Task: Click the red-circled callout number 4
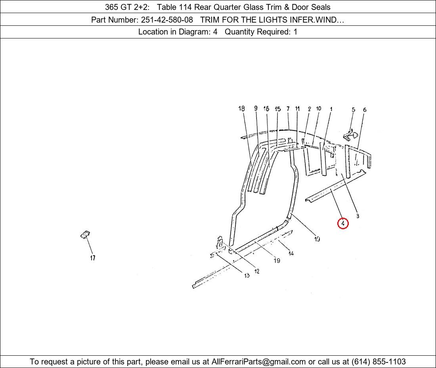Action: click(x=343, y=224)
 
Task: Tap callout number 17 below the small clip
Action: click(x=92, y=258)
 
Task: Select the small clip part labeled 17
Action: click(x=85, y=235)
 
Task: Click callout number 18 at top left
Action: click(x=242, y=109)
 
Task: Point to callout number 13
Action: click(x=247, y=276)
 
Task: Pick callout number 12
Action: click(x=257, y=271)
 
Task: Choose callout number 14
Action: click(x=291, y=253)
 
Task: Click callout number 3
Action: click(x=358, y=216)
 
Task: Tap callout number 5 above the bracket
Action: click(x=353, y=110)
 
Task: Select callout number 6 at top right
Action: click(x=365, y=110)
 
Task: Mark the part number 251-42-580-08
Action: click(x=167, y=19)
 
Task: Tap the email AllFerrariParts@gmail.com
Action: click(x=258, y=362)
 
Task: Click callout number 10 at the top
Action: click(x=319, y=109)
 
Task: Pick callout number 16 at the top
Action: click(x=266, y=109)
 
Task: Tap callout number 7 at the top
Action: click(x=288, y=109)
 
